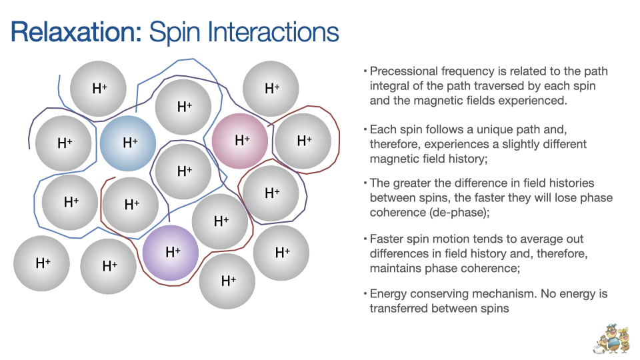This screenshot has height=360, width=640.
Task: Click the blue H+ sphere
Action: coord(128,143)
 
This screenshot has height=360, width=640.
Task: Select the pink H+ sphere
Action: coord(240,141)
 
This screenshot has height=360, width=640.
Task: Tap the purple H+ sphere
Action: coord(171,253)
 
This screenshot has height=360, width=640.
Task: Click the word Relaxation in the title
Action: coord(76,32)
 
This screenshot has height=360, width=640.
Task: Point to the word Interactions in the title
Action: coord(273,32)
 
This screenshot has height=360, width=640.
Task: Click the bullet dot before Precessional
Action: coord(365,71)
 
